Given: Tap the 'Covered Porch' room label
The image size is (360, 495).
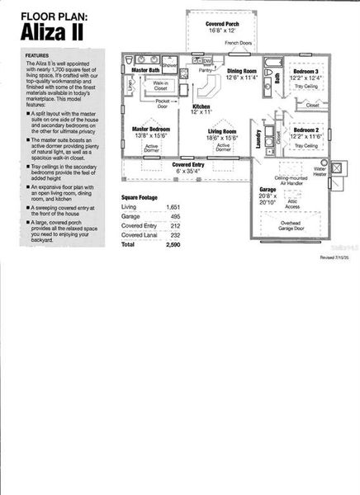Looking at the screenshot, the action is pyautogui.click(x=222, y=25).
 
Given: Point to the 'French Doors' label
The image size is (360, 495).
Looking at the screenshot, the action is pyautogui.click(x=239, y=42).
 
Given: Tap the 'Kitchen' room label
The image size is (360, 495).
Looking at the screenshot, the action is pyautogui.click(x=201, y=106).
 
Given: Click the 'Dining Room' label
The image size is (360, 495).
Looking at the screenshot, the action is pyautogui.click(x=244, y=72).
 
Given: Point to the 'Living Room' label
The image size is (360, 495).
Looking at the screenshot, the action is pyautogui.click(x=222, y=130).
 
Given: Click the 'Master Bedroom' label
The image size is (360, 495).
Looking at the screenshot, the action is pyautogui.click(x=151, y=130).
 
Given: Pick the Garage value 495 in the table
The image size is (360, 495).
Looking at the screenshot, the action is pyautogui.click(x=173, y=216).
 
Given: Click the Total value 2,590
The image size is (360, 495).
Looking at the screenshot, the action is pyautogui.click(x=172, y=246).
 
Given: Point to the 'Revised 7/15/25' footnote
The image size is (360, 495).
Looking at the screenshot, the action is pyautogui.click(x=335, y=258).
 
